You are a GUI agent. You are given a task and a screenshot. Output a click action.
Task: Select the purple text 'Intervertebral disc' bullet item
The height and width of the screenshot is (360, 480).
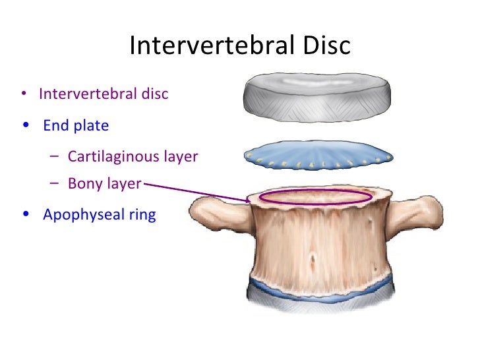[x=104, y=94]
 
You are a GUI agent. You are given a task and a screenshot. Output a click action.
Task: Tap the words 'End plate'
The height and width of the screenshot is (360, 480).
[x=76, y=125]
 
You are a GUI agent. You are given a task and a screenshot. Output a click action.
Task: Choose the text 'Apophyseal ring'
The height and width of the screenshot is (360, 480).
[x=99, y=215]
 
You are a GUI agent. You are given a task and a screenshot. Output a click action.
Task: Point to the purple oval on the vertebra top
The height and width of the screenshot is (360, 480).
[x=315, y=197]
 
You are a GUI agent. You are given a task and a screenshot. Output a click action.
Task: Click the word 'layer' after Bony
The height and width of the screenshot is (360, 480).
[x=125, y=183]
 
